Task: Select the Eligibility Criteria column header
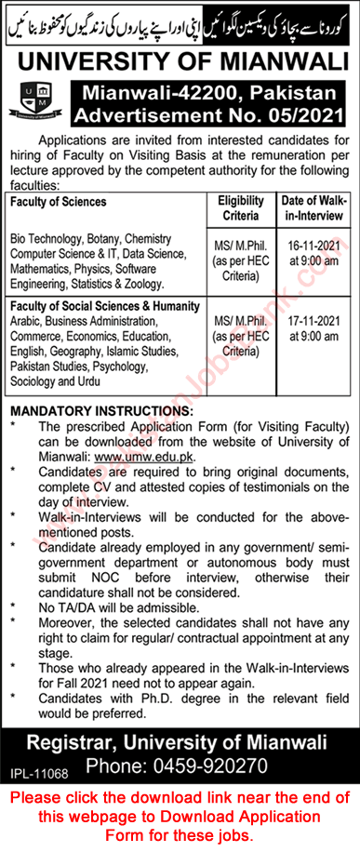[x=241, y=206]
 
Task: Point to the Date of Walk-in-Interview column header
[x=313, y=206]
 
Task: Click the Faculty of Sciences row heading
[x=60, y=201]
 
